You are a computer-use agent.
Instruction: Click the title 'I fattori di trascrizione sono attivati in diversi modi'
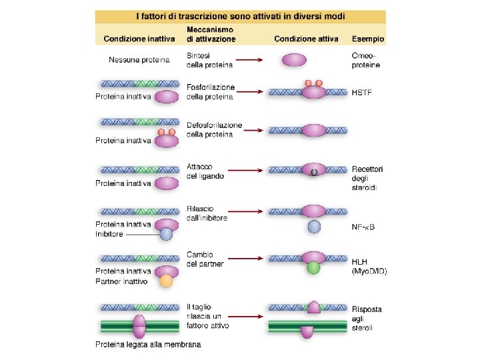[x=240, y=16]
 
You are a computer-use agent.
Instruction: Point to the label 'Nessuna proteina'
[x=139, y=61]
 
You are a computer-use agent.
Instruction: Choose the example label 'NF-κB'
[x=363, y=227]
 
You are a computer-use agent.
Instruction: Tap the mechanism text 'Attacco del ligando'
[x=205, y=171]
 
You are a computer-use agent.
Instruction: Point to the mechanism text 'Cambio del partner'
[x=205, y=259]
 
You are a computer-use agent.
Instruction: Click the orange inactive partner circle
[x=166, y=281]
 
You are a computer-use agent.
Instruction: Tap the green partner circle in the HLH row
[x=313, y=268]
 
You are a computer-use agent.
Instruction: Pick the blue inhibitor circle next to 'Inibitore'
[x=166, y=233]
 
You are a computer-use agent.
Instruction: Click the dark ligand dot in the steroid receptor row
[x=313, y=172]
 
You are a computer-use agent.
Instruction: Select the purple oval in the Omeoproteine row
[x=295, y=61]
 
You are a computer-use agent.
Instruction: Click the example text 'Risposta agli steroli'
[x=367, y=319]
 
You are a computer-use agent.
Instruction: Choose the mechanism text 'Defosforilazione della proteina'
[x=214, y=130]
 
